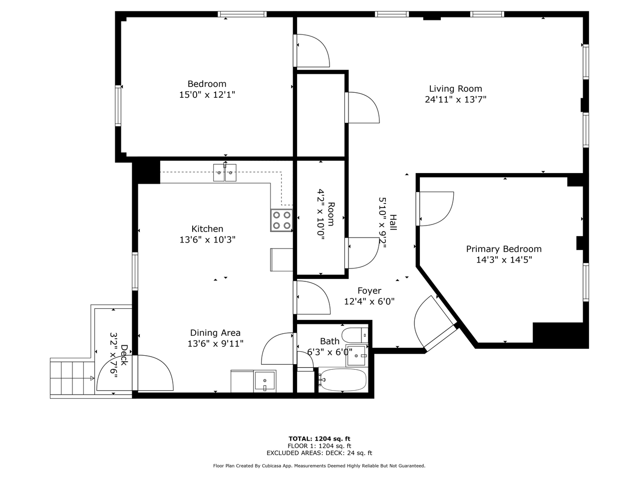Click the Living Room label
coord(455,88)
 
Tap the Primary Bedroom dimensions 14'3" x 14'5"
coord(504,260)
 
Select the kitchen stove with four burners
coord(282,220)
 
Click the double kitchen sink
coord(225,173)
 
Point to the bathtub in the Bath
coord(342,380)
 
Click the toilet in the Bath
coord(355,335)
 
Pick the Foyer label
coord(369,290)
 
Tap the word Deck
coord(124,355)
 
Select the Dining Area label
coord(215,333)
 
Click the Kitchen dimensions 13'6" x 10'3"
coord(207,239)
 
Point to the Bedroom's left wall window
coord(118,106)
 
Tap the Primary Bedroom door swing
coord(435,209)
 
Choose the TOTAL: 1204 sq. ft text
coord(319,439)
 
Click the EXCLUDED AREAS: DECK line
coord(319,453)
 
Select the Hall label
coord(393,223)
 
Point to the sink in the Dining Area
coord(265,381)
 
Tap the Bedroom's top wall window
coord(242,14)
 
